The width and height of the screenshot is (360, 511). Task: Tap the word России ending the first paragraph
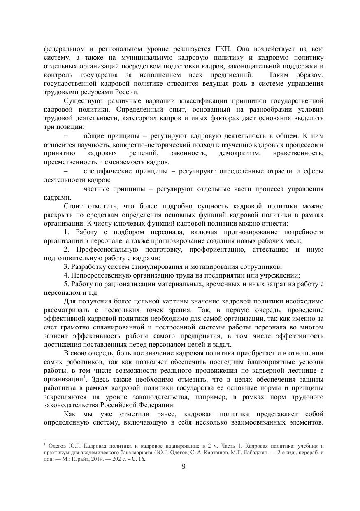pyautogui.click(x=127, y=92)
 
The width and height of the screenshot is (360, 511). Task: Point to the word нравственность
pyautogui.click(x=298, y=153)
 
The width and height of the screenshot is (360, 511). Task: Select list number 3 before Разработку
pyautogui.click(x=66, y=267)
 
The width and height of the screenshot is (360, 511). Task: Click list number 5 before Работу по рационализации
pyautogui.click(x=66, y=284)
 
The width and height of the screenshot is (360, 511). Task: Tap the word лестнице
pyautogui.click(x=300, y=371)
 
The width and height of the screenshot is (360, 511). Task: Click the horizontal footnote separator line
pyautogui.click(x=84, y=439)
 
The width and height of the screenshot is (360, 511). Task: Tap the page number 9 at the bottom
pyautogui.click(x=183, y=467)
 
